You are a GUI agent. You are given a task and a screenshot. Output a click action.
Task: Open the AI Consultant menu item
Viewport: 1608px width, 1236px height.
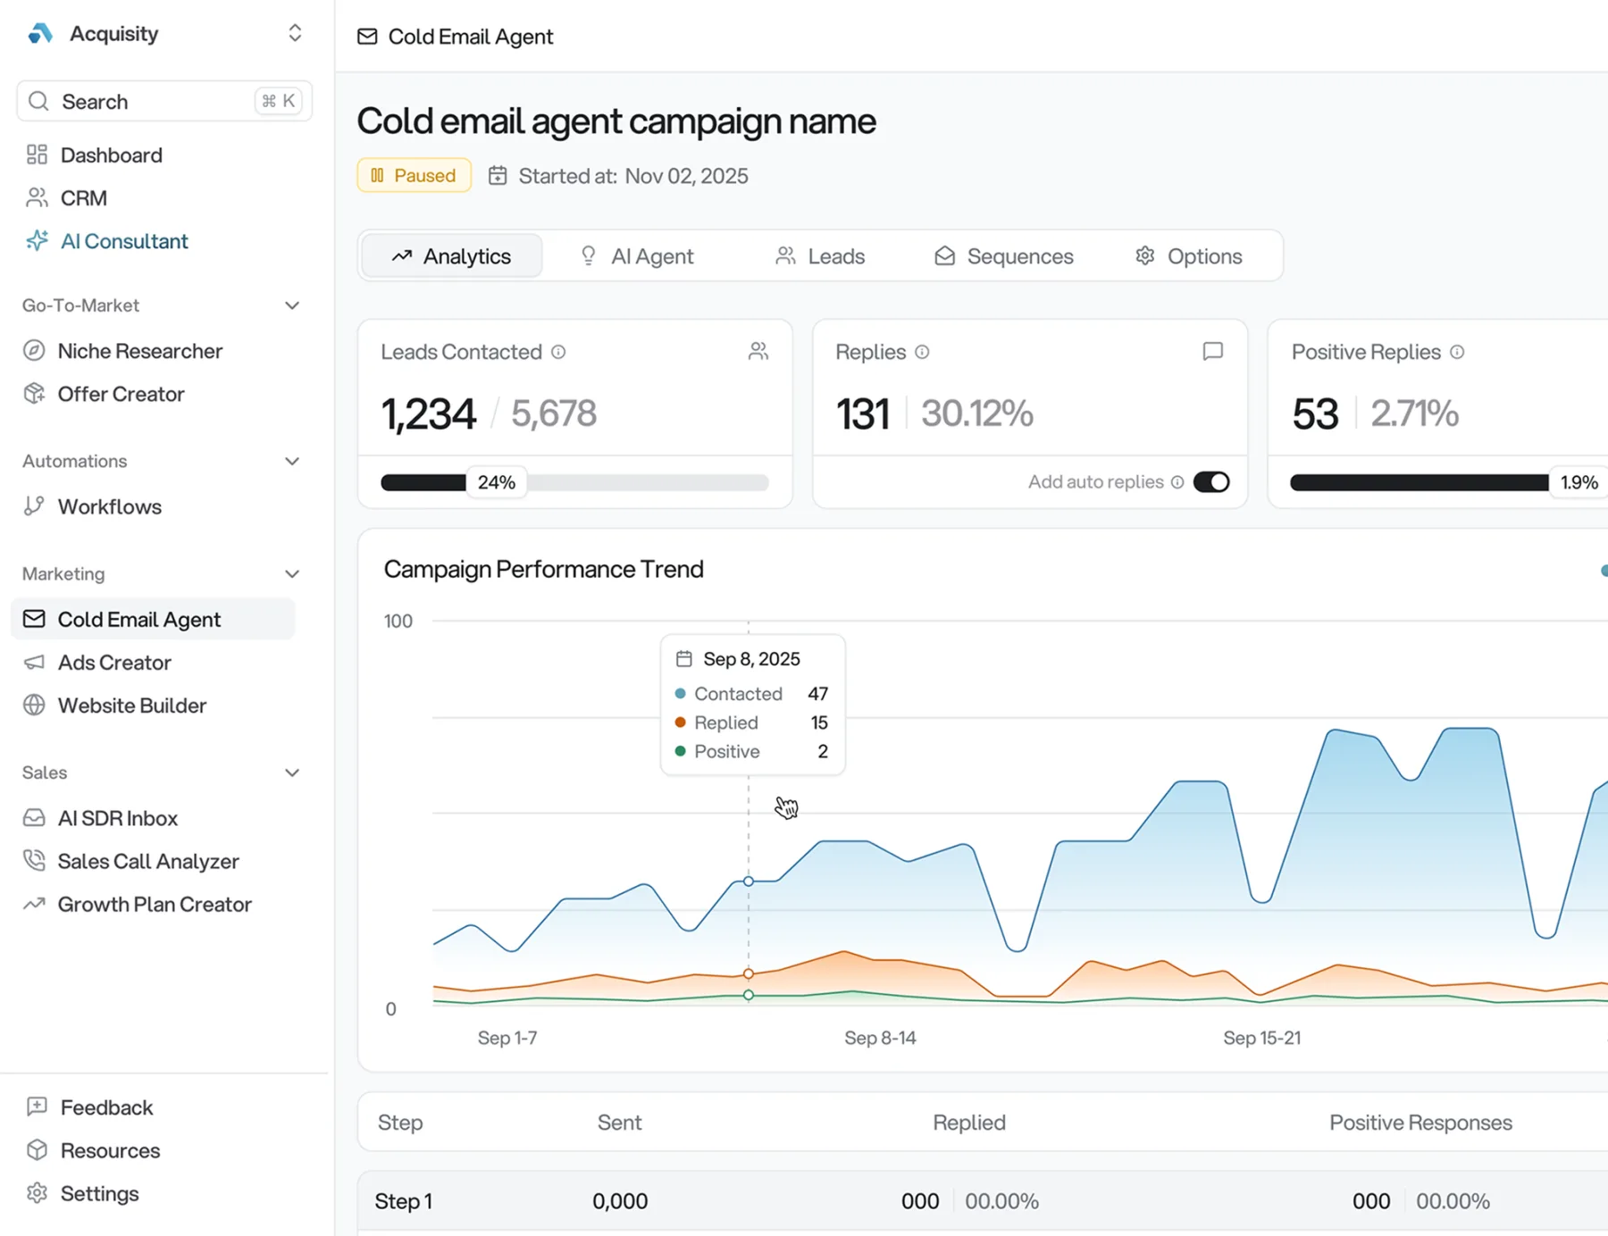click(123, 241)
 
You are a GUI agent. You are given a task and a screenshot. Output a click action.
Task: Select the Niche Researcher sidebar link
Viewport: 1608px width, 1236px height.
click(139, 351)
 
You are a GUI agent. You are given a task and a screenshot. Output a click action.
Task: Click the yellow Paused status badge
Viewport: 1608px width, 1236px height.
click(414, 176)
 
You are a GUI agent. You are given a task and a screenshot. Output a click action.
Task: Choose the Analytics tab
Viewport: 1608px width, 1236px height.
click(452, 256)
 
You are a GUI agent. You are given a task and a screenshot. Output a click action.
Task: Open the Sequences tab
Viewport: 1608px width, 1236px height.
click(1004, 256)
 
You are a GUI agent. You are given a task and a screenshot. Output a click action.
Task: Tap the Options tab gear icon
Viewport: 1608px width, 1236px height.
click(1144, 256)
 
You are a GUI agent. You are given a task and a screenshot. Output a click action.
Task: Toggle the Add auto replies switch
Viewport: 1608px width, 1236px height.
click(1211, 482)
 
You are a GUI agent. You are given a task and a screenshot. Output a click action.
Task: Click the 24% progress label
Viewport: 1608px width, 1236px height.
click(496, 482)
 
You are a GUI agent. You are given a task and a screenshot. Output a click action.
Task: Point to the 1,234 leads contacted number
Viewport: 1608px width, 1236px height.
click(429, 414)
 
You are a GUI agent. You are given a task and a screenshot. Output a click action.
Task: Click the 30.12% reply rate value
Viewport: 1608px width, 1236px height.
click(976, 414)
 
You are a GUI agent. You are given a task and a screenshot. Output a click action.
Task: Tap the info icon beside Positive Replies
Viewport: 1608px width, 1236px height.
click(1457, 352)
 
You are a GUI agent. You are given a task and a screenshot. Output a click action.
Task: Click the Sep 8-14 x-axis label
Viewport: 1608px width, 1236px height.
click(880, 1038)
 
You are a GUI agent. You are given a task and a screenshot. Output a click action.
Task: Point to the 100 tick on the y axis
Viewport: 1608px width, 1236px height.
click(398, 621)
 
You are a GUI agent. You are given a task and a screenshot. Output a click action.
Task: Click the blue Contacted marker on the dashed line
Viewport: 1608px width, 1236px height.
click(749, 881)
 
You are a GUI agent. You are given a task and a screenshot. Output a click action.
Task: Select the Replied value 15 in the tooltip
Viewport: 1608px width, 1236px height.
click(819, 722)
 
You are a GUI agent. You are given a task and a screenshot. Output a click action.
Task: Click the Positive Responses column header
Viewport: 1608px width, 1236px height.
click(1420, 1123)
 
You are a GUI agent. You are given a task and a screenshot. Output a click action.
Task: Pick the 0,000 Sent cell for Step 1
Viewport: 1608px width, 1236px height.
click(620, 1201)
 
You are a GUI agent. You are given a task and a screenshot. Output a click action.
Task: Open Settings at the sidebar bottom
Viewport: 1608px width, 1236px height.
click(98, 1194)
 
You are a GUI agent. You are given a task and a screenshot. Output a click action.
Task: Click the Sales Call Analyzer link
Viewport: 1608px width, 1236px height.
click(148, 861)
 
